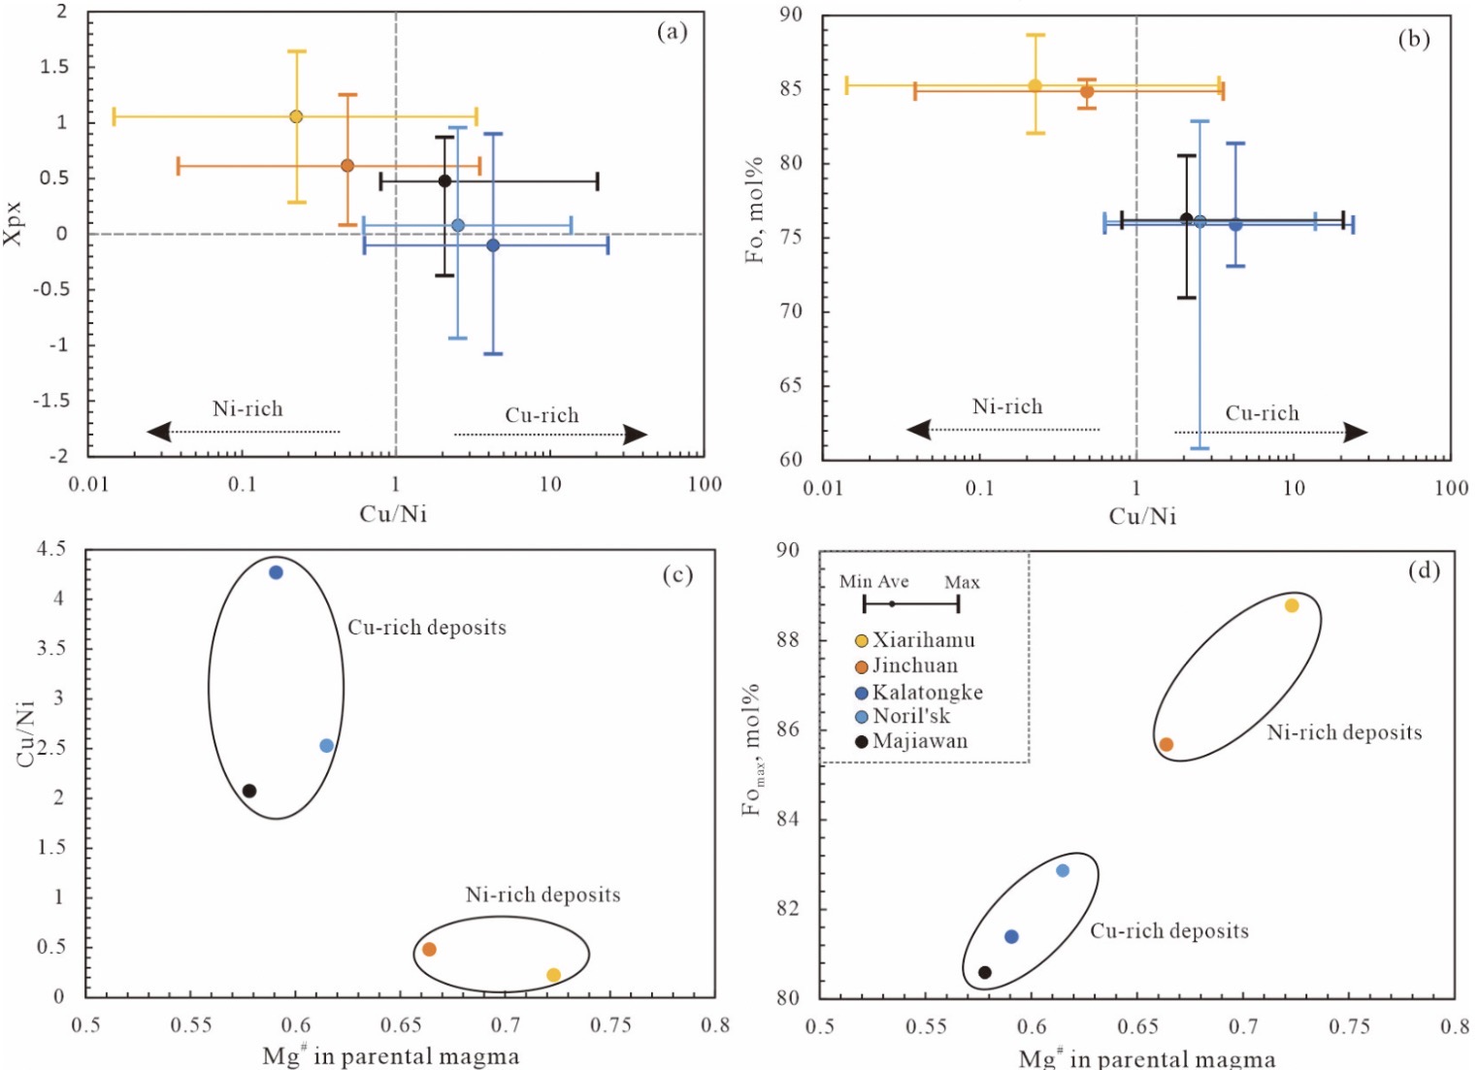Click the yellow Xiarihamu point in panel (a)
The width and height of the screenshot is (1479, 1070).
pyautogui.click(x=296, y=116)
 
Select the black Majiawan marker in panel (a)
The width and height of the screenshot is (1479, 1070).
pyautogui.click(x=445, y=180)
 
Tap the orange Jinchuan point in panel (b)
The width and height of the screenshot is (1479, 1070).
pyautogui.click(x=1087, y=91)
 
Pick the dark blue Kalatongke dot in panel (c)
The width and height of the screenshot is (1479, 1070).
pyautogui.click(x=276, y=572)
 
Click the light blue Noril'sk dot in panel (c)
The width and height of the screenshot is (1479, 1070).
pyautogui.click(x=326, y=745)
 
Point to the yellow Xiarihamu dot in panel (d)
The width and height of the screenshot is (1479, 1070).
pyautogui.click(x=1292, y=605)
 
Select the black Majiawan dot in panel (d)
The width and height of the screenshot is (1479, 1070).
pyautogui.click(x=984, y=972)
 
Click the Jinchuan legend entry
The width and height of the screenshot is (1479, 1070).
pyautogui.click(x=906, y=665)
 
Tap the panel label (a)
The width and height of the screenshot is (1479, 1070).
pyautogui.click(x=673, y=32)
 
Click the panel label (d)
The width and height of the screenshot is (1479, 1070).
pyautogui.click(x=1424, y=570)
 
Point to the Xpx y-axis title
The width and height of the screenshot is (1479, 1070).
pyautogui.click(x=14, y=223)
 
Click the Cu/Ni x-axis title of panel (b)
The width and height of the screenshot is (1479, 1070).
pyautogui.click(x=1142, y=516)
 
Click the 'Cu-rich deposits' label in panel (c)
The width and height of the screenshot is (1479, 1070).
pyautogui.click(x=427, y=627)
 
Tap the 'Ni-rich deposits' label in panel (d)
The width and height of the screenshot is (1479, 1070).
pyautogui.click(x=1344, y=732)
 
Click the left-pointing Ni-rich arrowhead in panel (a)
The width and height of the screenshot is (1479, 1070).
pyautogui.click(x=158, y=432)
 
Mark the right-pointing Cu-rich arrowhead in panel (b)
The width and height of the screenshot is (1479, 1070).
pyautogui.click(x=1356, y=433)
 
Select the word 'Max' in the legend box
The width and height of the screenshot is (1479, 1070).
pyautogui.click(x=962, y=582)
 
